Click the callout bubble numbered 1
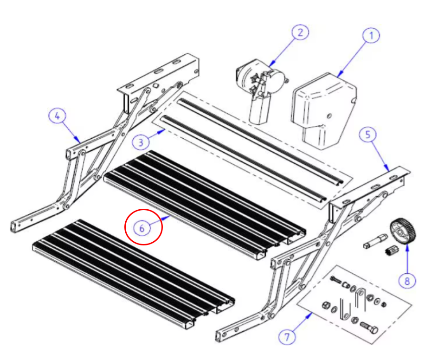point(371,35)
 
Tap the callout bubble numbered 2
point(300,32)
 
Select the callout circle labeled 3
point(141,142)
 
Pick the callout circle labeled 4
point(57,116)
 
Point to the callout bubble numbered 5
point(368,135)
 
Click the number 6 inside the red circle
point(142,229)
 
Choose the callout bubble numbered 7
point(287,337)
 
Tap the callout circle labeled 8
point(407,281)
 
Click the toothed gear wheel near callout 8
point(403,231)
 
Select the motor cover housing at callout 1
point(324,110)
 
